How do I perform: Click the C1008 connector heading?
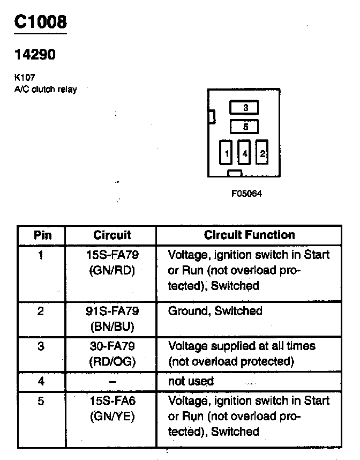[x=40, y=22]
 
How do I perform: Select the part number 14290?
[x=35, y=55]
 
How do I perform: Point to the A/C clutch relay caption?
[x=45, y=89]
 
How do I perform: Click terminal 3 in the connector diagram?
[x=244, y=108]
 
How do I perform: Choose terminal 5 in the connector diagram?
[x=244, y=127]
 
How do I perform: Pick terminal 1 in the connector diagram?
[x=227, y=154]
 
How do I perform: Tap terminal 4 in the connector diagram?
[x=245, y=154]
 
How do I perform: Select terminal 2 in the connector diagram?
[x=262, y=154]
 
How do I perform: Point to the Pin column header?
[x=42, y=235]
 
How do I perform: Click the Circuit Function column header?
[x=249, y=235]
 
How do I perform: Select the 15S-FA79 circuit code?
[x=112, y=255]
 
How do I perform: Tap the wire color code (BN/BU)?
[x=112, y=326]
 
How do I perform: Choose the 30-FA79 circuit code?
[x=112, y=346]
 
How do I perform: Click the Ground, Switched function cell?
[x=215, y=311]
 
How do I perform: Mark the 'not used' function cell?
[x=191, y=381]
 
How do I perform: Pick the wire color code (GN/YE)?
[x=112, y=417]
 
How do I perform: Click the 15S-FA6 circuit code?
[x=112, y=400]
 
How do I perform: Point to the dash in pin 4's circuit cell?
[x=112, y=381]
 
